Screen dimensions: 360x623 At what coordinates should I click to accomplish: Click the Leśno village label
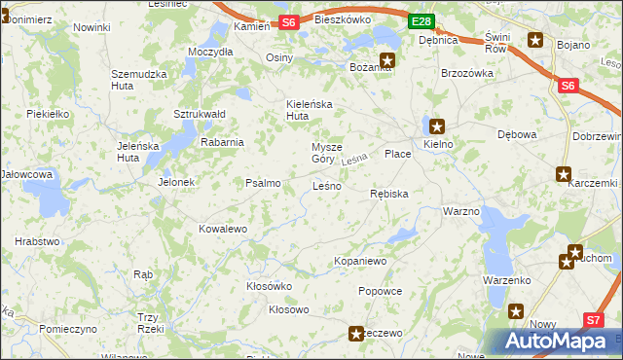pyautogui.click(x=326, y=186)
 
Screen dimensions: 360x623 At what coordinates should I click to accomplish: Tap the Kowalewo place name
pyautogui.click(x=223, y=229)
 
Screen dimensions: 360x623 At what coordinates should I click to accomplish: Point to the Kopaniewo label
pyautogui.click(x=361, y=262)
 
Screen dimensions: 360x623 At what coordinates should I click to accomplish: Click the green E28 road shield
pyautogui.click(x=420, y=21)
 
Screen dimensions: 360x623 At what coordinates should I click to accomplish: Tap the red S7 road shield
pyautogui.click(x=594, y=319)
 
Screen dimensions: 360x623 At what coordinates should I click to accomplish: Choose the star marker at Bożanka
pyautogui.click(x=387, y=58)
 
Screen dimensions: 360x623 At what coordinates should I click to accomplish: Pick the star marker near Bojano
pyautogui.click(x=535, y=40)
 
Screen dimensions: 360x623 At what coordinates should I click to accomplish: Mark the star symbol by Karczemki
pyautogui.click(x=564, y=174)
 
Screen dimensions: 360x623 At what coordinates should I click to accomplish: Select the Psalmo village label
pyautogui.click(x=263, y=183)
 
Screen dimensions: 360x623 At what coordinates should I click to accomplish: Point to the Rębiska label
pyautogui.click(x=389, y=195)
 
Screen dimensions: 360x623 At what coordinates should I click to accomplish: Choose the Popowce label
pyautogui.click(x=380, y=291)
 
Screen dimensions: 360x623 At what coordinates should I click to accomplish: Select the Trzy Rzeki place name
pyautogui.click(x=148, y=323)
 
